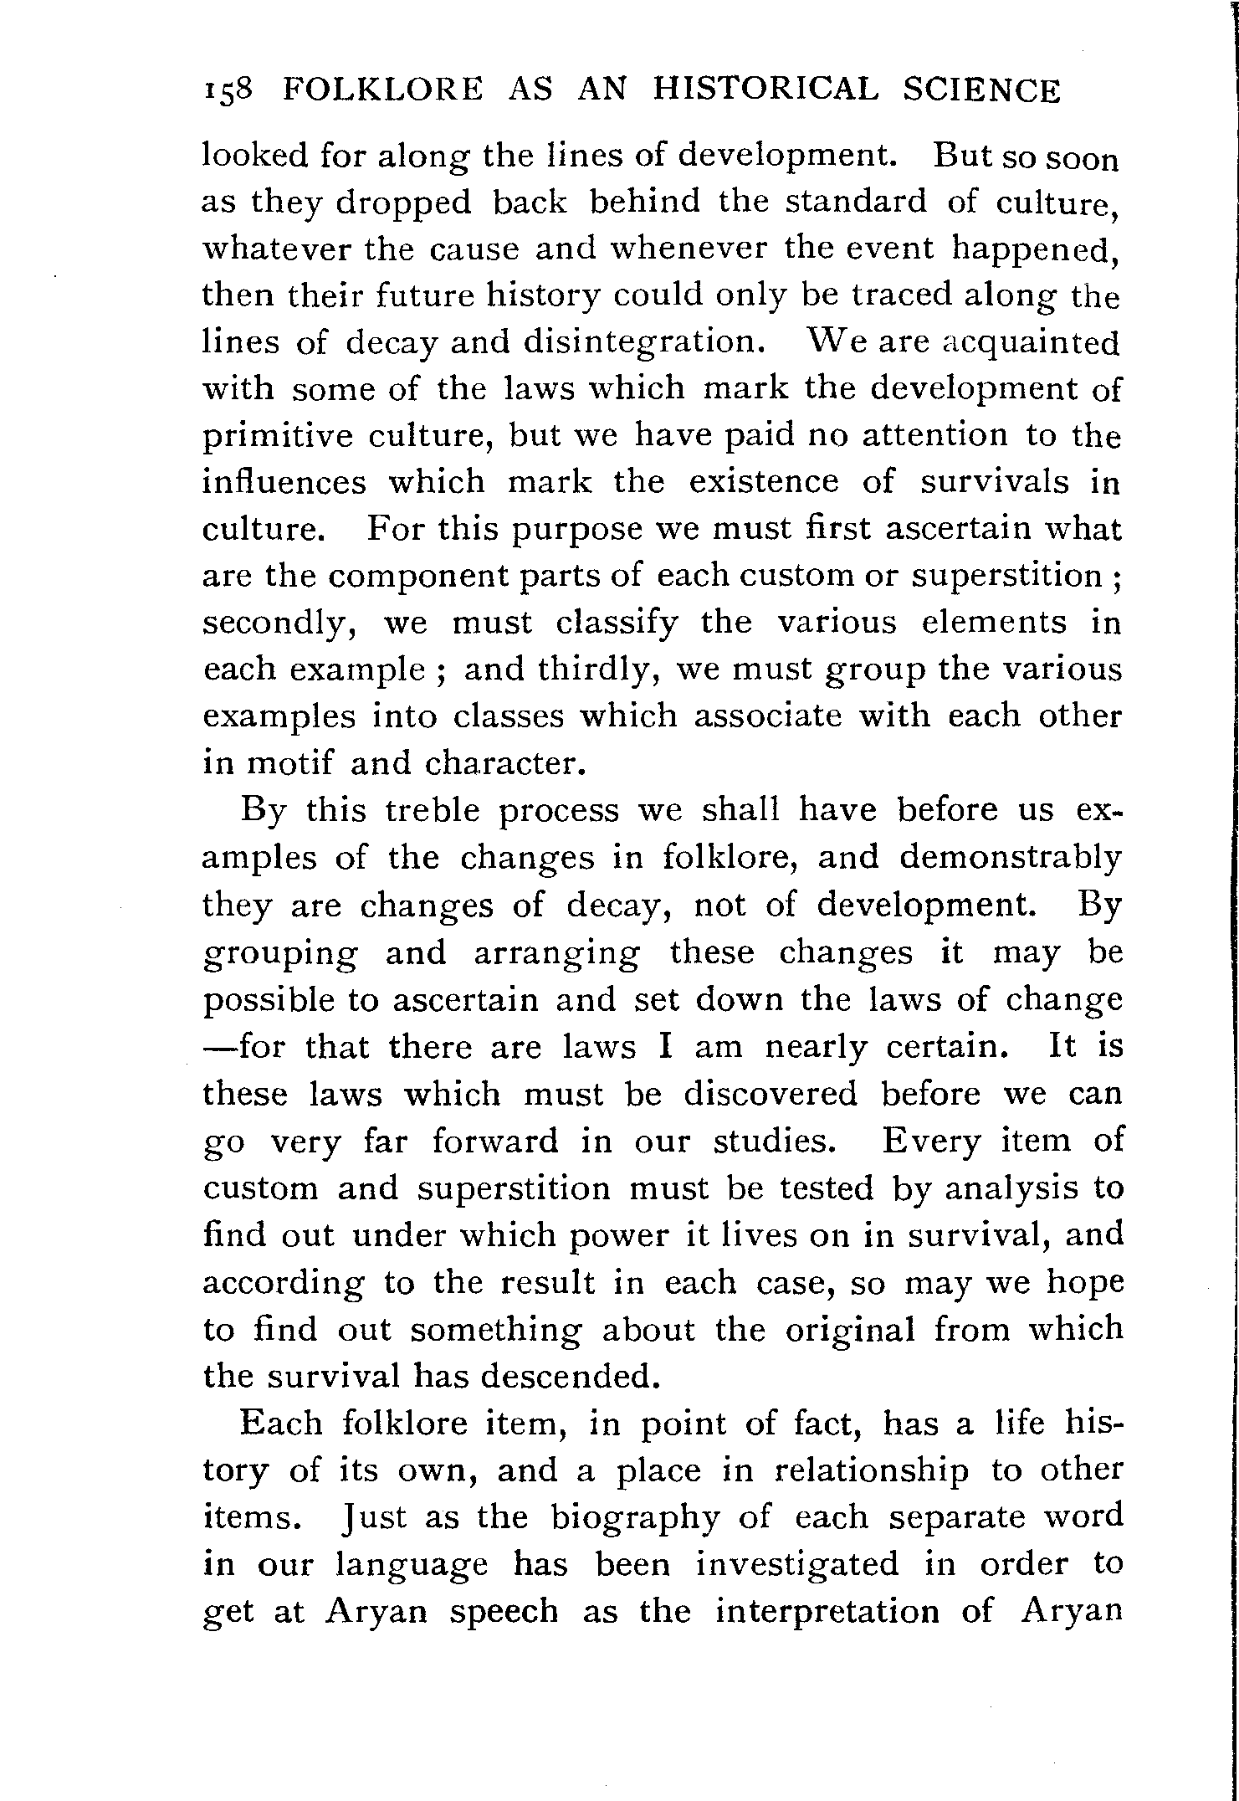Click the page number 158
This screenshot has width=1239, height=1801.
(x=233, y=90)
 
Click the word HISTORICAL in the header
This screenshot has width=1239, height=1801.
(x=765, y=90)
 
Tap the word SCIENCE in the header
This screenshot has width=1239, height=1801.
(x=980, y=90)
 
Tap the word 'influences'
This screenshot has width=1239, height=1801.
(x=284, y=482)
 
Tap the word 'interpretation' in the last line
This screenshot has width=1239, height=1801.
(x=827, y=1611)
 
